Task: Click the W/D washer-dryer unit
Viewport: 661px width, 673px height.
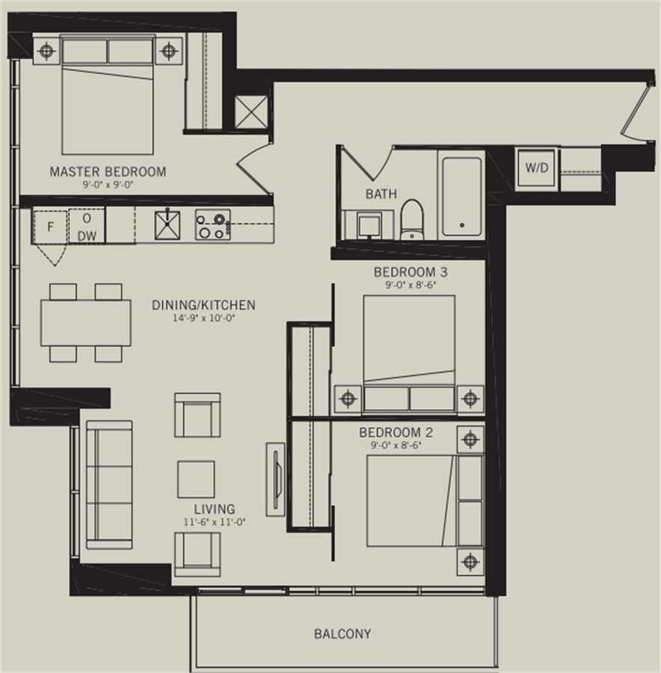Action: coord(536,168)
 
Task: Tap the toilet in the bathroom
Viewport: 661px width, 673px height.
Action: coord(411,219)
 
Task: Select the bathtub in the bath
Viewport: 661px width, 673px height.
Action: coord(462,197)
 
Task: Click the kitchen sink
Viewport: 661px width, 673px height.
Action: coord(167,224)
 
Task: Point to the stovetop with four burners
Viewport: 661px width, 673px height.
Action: coord(213,224)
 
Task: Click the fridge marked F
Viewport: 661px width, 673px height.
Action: coord(50,227)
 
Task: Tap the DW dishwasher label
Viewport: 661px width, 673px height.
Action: coord(87,236)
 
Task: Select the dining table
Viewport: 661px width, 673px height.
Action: coord(86,323)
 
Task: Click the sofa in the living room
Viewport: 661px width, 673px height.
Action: coord(109,485)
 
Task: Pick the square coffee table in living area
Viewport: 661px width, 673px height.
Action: coord(196,479)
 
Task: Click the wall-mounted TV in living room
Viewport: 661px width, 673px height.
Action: coord(276,479)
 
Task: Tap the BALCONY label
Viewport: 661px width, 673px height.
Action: coord(342,634)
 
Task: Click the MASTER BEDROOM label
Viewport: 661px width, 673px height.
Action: coord(108,172)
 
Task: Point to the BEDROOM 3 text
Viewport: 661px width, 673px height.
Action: coord(411,272)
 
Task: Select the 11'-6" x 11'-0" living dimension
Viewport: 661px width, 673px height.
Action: coord(215,522)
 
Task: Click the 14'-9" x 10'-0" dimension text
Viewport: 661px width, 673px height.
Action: coord(204,318)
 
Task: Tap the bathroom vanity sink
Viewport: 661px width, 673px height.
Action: coord(369,224)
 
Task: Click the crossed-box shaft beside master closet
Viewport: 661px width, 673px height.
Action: coord(251,112)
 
